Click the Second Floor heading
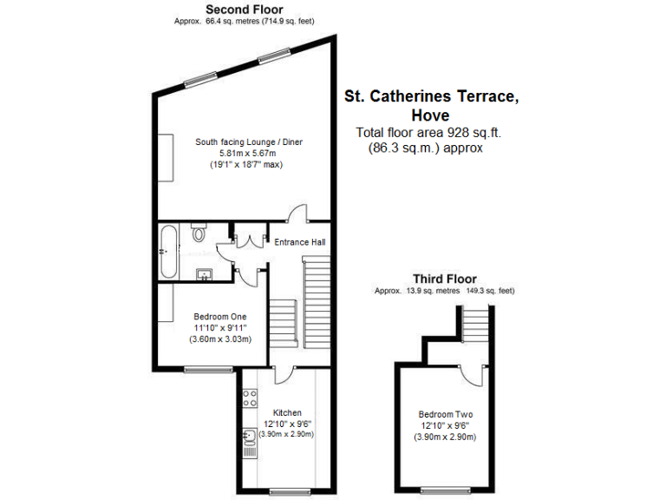pyautogui.click(x=232, y=10)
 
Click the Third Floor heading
pyautogui.click(x=444, y=279)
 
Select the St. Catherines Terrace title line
pyautogui.click(x=432, y=96)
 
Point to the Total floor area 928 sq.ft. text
pyautogui.click(x=428, y=133)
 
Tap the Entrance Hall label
pyautogui.click(x=299, y=242)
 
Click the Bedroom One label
pyautogui.click(x=219, y=316)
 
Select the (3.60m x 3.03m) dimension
pyautogui.click(x=220, y=339)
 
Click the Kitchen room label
pyautogui.click(x=287, y=412)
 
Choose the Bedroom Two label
pyautogui.click(x=444, y=414)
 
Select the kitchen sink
pyautogui.click(x=248, y=446)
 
